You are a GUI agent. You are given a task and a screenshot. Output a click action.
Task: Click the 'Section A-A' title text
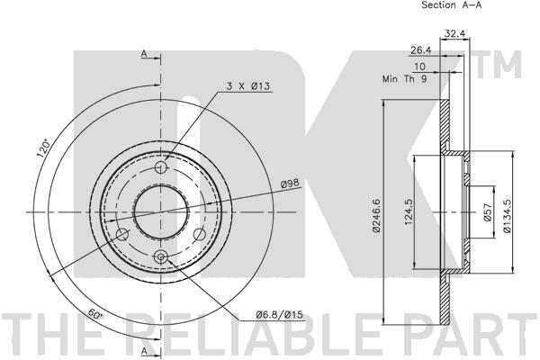click(x=452, y=4)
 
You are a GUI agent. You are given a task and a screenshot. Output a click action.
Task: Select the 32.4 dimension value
click(x=454, y=33)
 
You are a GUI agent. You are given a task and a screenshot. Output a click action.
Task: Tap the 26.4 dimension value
click(x=421, y=50)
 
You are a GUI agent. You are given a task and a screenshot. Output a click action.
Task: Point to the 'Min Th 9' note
click(x=405, y=78)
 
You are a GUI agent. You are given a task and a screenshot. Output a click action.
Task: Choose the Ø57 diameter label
click(x=488, y=211)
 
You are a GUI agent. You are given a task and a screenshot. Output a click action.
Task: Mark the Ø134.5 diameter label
click(x=507, y=215)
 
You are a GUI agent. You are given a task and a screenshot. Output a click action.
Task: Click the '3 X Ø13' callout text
click(x=247, y=85)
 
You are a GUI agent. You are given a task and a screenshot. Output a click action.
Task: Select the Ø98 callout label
click(x=290, y=184)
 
